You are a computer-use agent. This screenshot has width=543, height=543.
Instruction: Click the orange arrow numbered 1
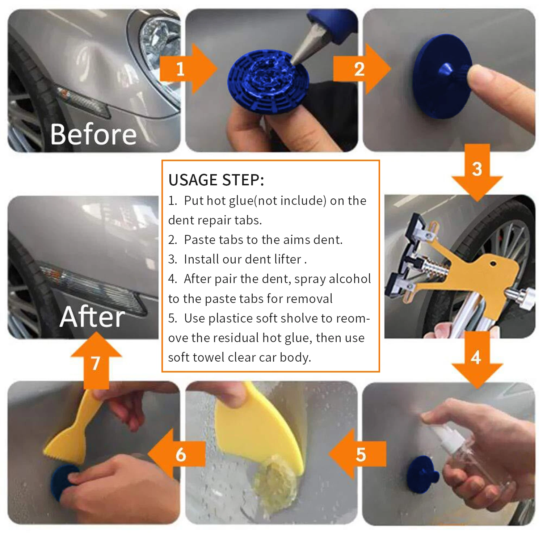click(188, 69)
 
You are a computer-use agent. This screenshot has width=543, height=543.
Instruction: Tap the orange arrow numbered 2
click(362, 69)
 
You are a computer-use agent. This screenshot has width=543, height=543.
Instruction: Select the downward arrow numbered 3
click(477, 172)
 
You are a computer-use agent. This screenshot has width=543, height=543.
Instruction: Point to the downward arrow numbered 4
click(477, 360)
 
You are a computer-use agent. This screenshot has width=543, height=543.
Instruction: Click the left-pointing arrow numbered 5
click(358, 454)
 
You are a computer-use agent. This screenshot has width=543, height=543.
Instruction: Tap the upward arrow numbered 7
click(96, 360)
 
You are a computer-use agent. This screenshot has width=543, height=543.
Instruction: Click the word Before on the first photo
click(93, 134)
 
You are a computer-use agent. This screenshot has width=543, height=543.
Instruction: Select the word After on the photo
click(92, 317)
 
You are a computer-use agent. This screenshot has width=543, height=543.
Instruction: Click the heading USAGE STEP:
click(216, 180)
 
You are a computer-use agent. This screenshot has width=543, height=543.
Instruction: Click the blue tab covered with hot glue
click(268, 81)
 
